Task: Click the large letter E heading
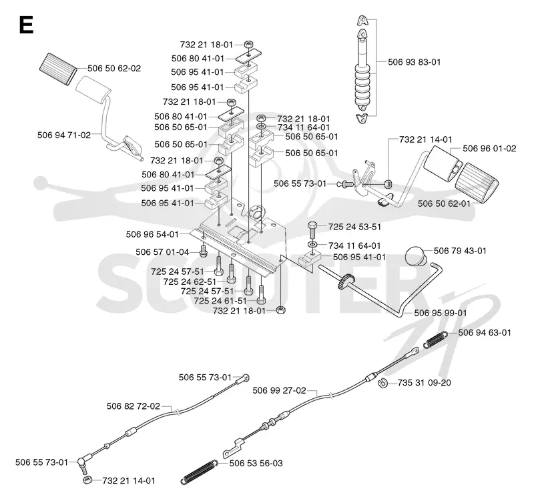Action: [x=26, y=25]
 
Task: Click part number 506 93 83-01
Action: [x=414, y=62]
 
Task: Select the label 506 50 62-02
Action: [x=114, y=69]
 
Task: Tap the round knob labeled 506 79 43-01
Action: [x=416, y=257]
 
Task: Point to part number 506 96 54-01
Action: [x=152, y=234]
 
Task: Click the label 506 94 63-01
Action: [x=485, y=332]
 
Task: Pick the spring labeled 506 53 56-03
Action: [x=199, y=472]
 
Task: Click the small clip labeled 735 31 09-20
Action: [x=383, y=383]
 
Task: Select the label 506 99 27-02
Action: [x=279, y=390]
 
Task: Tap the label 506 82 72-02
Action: [x=133, y=406]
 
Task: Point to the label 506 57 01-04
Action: [x=162, y=252]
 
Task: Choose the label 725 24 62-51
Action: [x=190, y=282]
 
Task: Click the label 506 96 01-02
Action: [x=489, y=148]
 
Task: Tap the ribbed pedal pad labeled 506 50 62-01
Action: [x=477, y=183]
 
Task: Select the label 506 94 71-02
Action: [x=64, y=135]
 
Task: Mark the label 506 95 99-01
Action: [x=441, y=313]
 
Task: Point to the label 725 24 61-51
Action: [x=220, y=302]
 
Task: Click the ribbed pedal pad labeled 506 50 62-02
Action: [x=58, y=69]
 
